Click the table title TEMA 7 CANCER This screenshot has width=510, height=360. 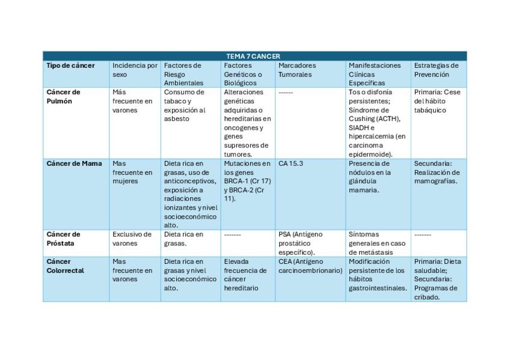point(253,56)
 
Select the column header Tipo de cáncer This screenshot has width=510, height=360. point(70,66)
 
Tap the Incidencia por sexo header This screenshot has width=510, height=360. point(134,70)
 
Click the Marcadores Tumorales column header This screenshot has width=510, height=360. point(296,70)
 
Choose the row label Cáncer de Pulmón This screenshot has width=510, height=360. point(63,97)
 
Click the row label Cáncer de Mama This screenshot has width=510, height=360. point(74,163)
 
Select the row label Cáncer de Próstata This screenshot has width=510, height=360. point(63,239)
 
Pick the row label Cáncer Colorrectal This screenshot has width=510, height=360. point(65,266)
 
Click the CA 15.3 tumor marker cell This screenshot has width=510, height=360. point(292,163)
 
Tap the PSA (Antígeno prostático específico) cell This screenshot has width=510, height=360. point(301,243)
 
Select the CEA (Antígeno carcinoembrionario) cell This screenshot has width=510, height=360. point(310,266)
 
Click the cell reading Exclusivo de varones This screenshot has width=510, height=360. point(132,239)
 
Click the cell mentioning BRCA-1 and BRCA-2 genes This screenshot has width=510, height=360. point(247,181)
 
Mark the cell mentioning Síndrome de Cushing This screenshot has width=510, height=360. point(377,123)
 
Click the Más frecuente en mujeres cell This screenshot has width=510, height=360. point(132,172)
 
